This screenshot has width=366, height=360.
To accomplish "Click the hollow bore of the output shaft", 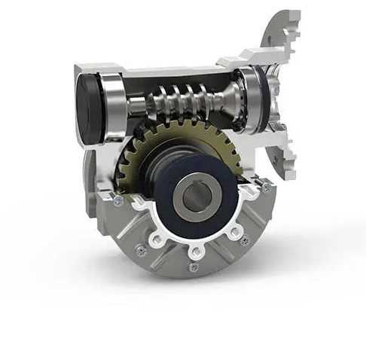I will coord(197,196).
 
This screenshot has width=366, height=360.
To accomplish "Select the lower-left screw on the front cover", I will coord(141,251).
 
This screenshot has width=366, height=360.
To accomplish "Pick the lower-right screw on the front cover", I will coord(244,240).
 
